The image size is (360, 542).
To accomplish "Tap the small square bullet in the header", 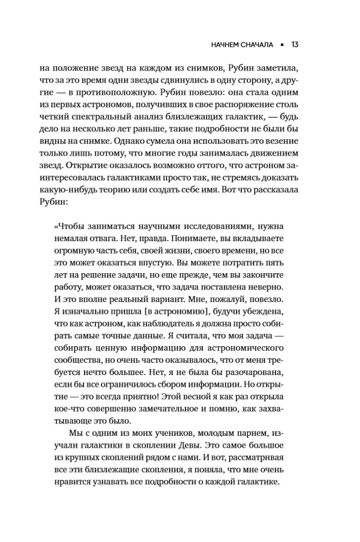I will (283, 44).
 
